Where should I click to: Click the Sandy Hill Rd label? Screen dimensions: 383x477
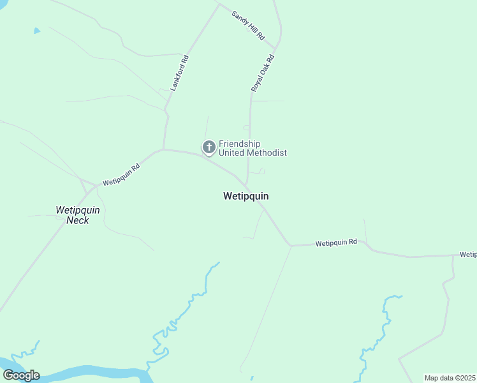tap(248, 26)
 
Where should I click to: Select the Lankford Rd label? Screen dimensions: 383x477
tap(180, 72)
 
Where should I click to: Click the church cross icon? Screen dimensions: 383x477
tap(209, 147)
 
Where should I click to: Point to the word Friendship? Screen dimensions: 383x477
tap(240, 144)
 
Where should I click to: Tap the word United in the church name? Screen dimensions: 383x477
tap(231, 153)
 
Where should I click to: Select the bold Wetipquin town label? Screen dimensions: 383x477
tap(246, 196)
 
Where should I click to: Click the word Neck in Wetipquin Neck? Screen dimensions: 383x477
tap(77, 220)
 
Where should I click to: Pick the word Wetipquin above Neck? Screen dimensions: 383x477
tap(78, 209)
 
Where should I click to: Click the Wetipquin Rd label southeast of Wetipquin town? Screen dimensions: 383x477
tap(336, 243)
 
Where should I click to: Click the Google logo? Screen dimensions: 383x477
tap(21, 375)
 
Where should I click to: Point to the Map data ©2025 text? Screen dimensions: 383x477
tap(450, 378)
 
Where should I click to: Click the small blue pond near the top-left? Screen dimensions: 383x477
tap(36, 30)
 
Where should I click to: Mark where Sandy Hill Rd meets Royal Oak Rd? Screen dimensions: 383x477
tap(276, 49)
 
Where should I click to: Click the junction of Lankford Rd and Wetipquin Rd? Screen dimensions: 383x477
tap(164, 149)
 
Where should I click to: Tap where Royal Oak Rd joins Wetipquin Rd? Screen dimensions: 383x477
tap(247, 185)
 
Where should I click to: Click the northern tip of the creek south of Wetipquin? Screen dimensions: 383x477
tap(218, 262)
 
